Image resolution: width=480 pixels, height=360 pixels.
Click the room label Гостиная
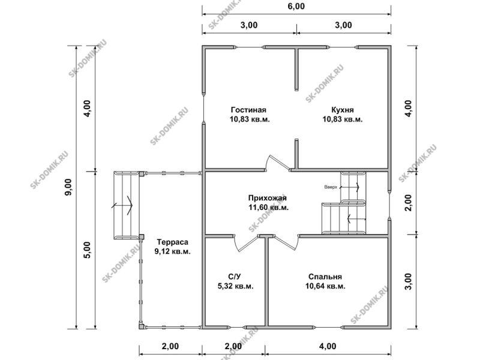point(248,110)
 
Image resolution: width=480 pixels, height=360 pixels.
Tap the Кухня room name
point(342,110)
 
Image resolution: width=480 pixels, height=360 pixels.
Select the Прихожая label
point(267,198)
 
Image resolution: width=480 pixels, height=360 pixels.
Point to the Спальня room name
point(325,277)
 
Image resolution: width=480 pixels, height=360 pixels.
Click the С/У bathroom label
point(235,277)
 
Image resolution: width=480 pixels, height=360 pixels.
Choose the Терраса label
point(172,242)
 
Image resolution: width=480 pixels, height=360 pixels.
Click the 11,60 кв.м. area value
point(268,208)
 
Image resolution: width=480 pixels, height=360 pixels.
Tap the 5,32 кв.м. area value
point(235,286)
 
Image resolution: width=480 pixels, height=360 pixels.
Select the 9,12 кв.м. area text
point(172,251)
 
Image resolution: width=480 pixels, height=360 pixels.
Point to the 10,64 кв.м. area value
point(325,286)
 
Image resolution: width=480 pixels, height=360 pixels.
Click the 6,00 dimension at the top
point(296,6)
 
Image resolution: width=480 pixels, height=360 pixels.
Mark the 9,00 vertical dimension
point(68,187)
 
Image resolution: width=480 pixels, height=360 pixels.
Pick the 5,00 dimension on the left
point(88,250)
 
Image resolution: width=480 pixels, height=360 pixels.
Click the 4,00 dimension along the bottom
point(328,346)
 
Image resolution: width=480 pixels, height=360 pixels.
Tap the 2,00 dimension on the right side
point(409,203)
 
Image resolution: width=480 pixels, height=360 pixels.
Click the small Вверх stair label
point(331,187)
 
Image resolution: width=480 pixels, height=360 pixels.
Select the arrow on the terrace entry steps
point(122,205)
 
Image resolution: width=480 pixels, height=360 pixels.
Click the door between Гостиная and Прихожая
point(277,162)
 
